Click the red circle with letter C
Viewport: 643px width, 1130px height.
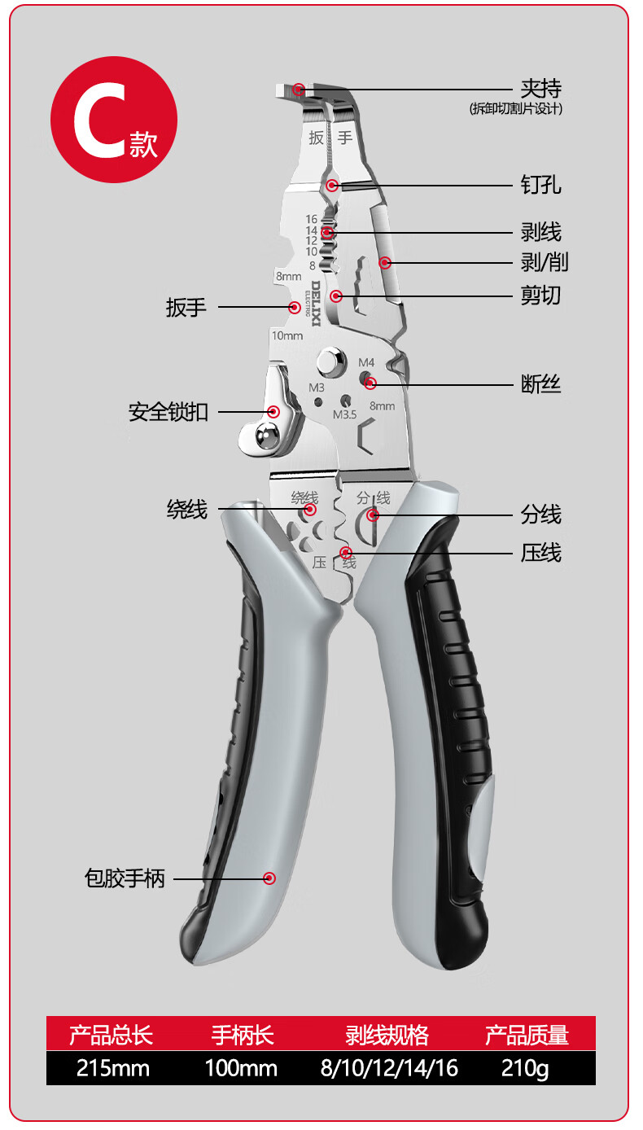(x=113, y=120)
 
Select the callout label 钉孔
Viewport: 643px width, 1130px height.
(x=541, y=186)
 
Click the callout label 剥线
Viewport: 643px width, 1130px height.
(x=541, y=232)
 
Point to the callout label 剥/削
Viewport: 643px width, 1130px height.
(x=545, y=262)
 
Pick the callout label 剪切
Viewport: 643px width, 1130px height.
(x=541, y=294)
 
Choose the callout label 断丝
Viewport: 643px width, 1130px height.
(x=541, y=383)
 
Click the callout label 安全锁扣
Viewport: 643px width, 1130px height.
(x=168, y=412)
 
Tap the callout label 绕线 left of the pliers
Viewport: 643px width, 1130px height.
(x=187, y=510)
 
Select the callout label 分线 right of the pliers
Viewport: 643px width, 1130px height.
(x=541, y=515)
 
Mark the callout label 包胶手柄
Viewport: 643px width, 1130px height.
(x=125, y=878)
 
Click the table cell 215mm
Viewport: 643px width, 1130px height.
(x=112, y=1068)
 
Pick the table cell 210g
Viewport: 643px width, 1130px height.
(x=526, y=1068)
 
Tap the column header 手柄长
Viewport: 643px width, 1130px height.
(x=243, y=1035)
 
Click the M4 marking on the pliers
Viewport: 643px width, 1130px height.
(x=367, y=362)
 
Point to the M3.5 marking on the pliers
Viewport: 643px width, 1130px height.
(x=344, y=414)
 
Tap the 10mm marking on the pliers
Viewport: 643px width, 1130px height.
(x=287, y=335)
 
